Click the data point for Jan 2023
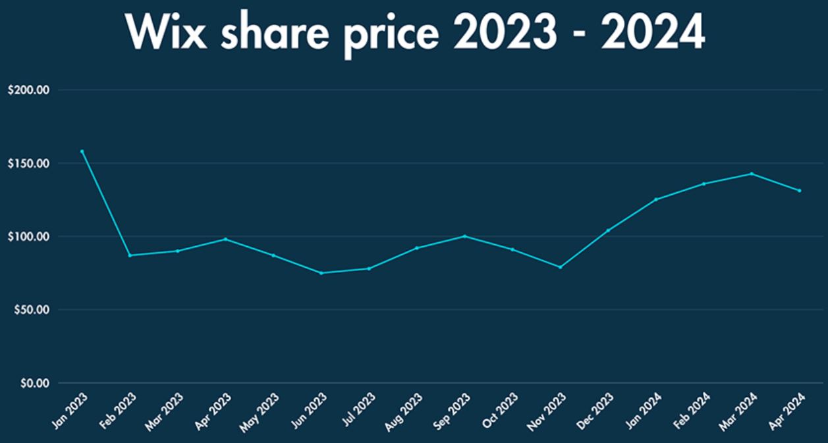click(x=82, y=151)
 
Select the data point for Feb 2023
click(x=130, y=255)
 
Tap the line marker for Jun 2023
click(x=321, y=273)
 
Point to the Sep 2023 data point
click(x=465, y=236)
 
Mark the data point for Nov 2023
click(x=561, y=267)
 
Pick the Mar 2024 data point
click(x=752, y=174)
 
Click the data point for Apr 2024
click(x=800, y=191)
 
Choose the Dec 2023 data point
click(x=608, y=230)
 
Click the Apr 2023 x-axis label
click(x=212, y=411)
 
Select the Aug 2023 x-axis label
click(x=403, y=411)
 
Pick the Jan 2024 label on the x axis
click(x=642, y=411)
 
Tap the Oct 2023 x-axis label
click(x=499, y=411)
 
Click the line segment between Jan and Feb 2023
click(x=106, y=203)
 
